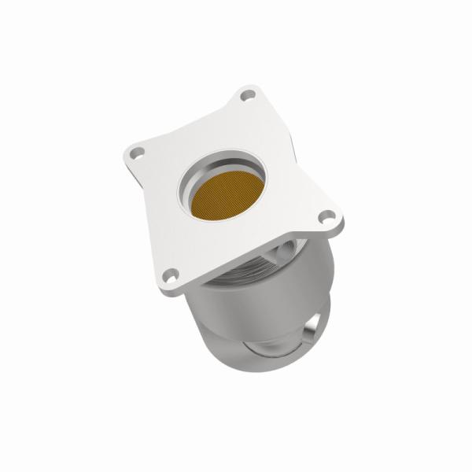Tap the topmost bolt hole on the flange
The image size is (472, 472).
(x=249, y=96)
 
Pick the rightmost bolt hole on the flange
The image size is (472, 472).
(x=323, y=217)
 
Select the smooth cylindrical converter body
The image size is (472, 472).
(x=236, y=315)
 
